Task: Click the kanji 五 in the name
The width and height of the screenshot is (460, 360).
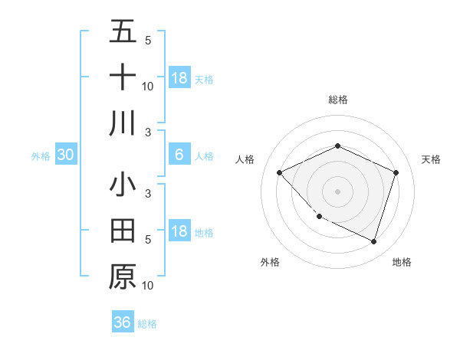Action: pyautogui.click(x=123, y=32)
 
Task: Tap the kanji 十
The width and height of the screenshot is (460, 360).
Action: pyautogui.click(x=123, y=77)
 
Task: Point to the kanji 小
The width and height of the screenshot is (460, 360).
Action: pyautogui.click(x=123, y=185)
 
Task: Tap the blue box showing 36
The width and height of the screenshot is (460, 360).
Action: pyautogui.click(x=123, y=322)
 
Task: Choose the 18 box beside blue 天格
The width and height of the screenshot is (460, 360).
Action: pyautogui.click(x=179, y=78)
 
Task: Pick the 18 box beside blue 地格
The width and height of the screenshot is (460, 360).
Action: pyautogui.click(x=179, y=232)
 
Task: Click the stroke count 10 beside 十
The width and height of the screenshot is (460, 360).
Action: pyautogui.click(x=147, y=86)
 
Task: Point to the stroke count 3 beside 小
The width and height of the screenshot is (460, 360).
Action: pyautogui.click(x=147, y=193)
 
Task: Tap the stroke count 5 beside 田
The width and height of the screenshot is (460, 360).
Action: pyautogui.click(x=147, y=239)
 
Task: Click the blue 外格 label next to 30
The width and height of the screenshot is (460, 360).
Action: pyautogui.click(x=41, y=156)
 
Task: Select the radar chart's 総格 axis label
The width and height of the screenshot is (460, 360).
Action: pyautogui.click(x=337, y=100)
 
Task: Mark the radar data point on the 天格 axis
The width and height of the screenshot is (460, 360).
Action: pyautogui.click(x=396, y=172)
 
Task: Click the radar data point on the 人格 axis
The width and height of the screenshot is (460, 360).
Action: pyautogui.click(x=279, y=172)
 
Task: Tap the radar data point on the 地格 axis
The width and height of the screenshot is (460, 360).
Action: pyautogui.click(x=373, y=241)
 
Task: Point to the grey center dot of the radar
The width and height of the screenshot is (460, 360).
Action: pyautogui.click(x=337, y=191)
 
